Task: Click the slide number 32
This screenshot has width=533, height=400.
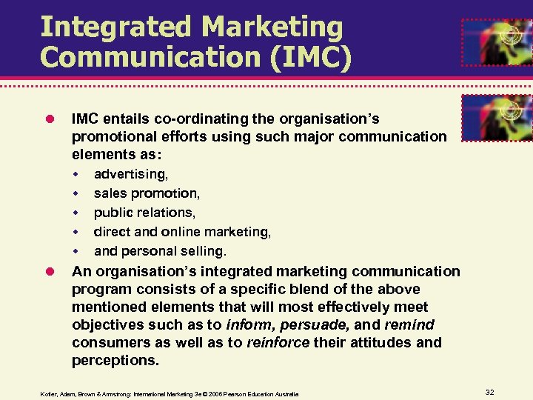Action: click(490, 391)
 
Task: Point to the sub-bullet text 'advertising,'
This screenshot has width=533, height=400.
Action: click(131, 174)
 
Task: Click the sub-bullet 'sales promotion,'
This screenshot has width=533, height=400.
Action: click(147, 193)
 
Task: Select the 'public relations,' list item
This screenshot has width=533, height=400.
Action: click(145, 213)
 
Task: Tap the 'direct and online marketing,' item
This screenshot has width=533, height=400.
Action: click(182, 232)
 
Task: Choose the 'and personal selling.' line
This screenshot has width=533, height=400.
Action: click(160, 251)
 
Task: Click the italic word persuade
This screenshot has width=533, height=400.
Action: click(325, 324)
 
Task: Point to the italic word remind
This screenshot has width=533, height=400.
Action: click(409, 324)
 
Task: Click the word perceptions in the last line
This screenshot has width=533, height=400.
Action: click(115, 360)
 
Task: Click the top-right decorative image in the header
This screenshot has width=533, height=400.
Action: click(497, 42)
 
